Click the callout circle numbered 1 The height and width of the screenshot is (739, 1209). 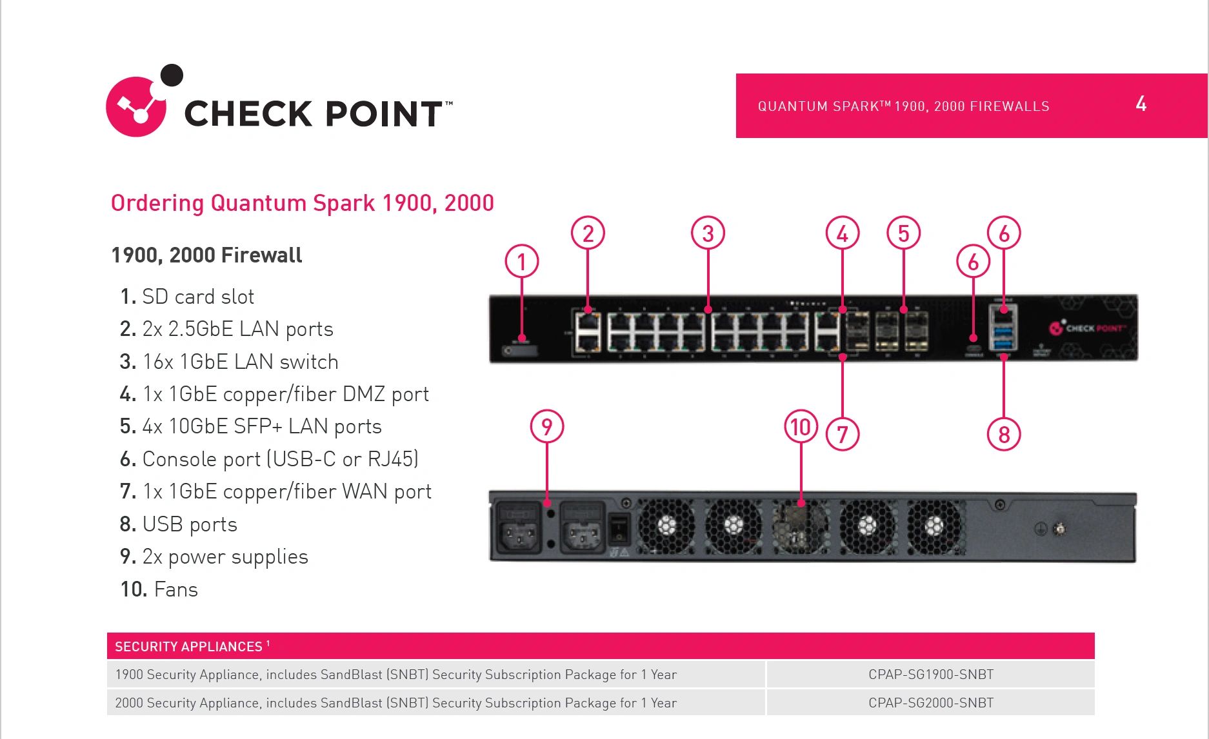coord(521,261)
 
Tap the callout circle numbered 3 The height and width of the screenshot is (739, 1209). coord(708,233)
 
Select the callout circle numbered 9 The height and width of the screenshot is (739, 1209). coord(546,427)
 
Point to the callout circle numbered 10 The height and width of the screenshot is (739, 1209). coord(801,427)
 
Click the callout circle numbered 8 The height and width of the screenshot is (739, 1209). coord(1003,435)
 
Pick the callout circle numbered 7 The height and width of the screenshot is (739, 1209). coord(842,435)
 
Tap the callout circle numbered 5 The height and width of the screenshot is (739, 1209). coord(903,233)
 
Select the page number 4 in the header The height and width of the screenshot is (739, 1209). coord(1141,104)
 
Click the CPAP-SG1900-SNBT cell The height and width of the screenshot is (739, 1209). coord(930,675)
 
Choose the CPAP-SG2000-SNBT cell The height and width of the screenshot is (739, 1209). coord(930,703)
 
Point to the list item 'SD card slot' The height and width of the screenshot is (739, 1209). coord(197,297)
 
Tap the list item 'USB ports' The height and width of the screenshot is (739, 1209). coord(189,524)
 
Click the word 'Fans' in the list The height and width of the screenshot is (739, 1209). coord(175,589)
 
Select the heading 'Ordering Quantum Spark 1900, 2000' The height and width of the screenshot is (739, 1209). coord(302,203)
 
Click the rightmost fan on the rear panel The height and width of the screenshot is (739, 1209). coord(934,527)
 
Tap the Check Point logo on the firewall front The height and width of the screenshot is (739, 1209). coord(1088,328)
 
